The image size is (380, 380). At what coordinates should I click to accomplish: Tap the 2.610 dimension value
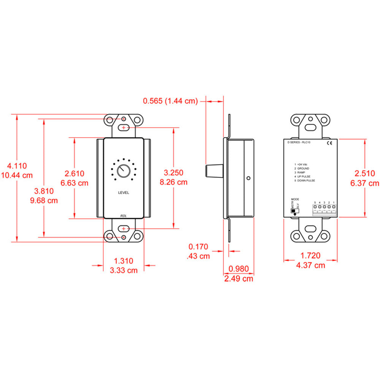(74, 173)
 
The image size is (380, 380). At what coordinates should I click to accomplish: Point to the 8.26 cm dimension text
(174, 182)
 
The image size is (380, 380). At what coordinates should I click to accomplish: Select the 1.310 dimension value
(124, 261)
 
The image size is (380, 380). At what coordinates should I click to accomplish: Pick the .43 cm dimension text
(199, 256)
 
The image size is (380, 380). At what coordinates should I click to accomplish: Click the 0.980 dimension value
(238, 269)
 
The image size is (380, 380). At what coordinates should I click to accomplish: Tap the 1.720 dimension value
(310, 255)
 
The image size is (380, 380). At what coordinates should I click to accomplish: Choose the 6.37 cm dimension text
(365, 183)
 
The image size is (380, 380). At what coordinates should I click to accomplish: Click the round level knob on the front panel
(123, 171)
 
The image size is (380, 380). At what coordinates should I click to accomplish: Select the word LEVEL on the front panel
(124, 193)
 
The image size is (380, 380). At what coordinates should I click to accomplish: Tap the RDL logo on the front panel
(123, 215)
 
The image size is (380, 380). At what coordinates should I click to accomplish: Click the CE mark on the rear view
(329, 143)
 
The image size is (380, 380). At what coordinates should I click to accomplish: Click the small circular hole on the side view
(248, 177)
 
